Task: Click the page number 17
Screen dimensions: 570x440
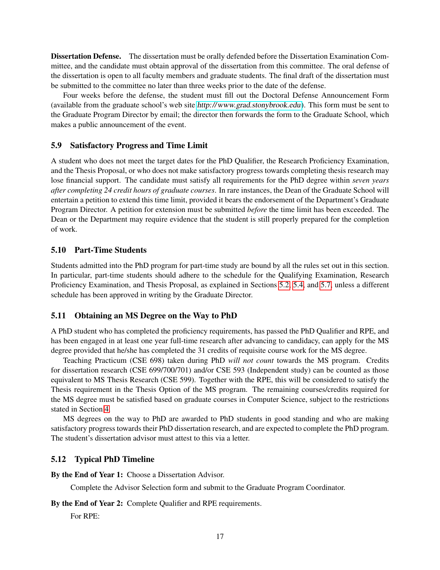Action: pyautogui.click(x=220, y=537)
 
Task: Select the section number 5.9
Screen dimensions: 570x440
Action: pyautogui.click(x=56, y=145)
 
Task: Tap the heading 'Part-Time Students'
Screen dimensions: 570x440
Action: pyautogui.click(x=110, y=250)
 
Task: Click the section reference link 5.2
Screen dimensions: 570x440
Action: pyautogui.click(x=284, y=285)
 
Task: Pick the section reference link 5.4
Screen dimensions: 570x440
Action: pyautogui.click(x=298, y=285)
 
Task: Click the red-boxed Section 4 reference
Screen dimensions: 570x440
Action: pyautogui.click(x=107, y=409)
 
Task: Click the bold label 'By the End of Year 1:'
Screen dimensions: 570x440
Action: pyautogui.click(x=87, y=475)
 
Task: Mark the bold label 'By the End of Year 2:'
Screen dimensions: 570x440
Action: pyautogui.click(x=87, y=503)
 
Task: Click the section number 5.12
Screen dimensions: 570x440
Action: pyautogui.click(x=58, y=459)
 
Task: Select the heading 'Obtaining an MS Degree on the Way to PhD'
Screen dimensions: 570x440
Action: pyautogui.click(x=156, y=316)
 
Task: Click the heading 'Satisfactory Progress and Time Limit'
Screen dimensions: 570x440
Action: pyautogui.click(x=139, y=145)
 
